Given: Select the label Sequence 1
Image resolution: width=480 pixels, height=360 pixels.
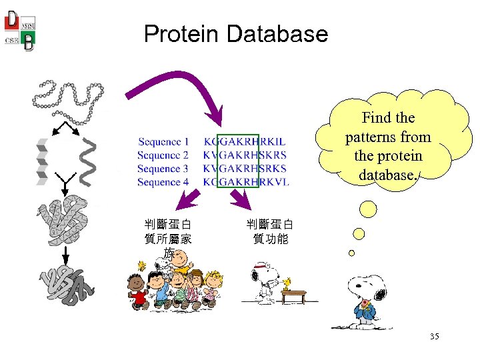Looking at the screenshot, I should click(163, 142).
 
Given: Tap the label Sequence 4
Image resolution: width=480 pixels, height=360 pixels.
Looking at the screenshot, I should click(163, 182).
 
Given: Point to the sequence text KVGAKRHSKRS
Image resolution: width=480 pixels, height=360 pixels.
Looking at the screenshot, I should click(245, 155).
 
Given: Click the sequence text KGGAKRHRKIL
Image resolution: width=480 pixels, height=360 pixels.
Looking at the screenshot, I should click(245, 142).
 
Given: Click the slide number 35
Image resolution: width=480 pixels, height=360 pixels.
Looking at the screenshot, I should click(434, 337).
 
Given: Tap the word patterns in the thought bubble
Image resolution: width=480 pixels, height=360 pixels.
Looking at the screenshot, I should click(388, 137).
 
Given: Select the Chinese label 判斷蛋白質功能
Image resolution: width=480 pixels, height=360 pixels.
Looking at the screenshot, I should click(269, 231).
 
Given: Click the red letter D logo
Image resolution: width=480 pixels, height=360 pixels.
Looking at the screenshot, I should click(12, 20).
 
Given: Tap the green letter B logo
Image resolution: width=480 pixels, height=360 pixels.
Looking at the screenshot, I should click(29, 42).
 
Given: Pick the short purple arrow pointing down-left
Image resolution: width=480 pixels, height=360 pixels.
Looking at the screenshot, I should click(190, 198).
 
